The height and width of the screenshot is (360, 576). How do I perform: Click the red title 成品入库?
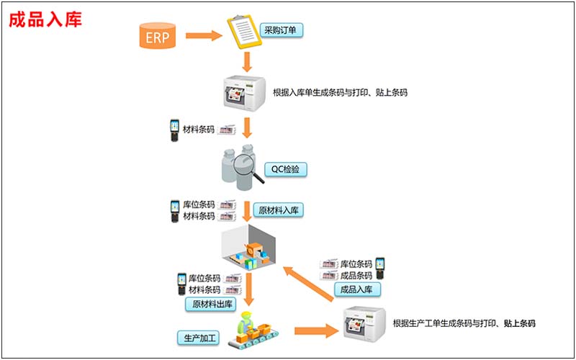[x=45, y=19]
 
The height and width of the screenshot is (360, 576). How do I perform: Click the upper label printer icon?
[x=246, y=91]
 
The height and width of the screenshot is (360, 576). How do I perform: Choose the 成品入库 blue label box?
[x=356, y=289]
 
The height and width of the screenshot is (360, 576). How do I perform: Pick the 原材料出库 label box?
[x=214, y=304]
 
